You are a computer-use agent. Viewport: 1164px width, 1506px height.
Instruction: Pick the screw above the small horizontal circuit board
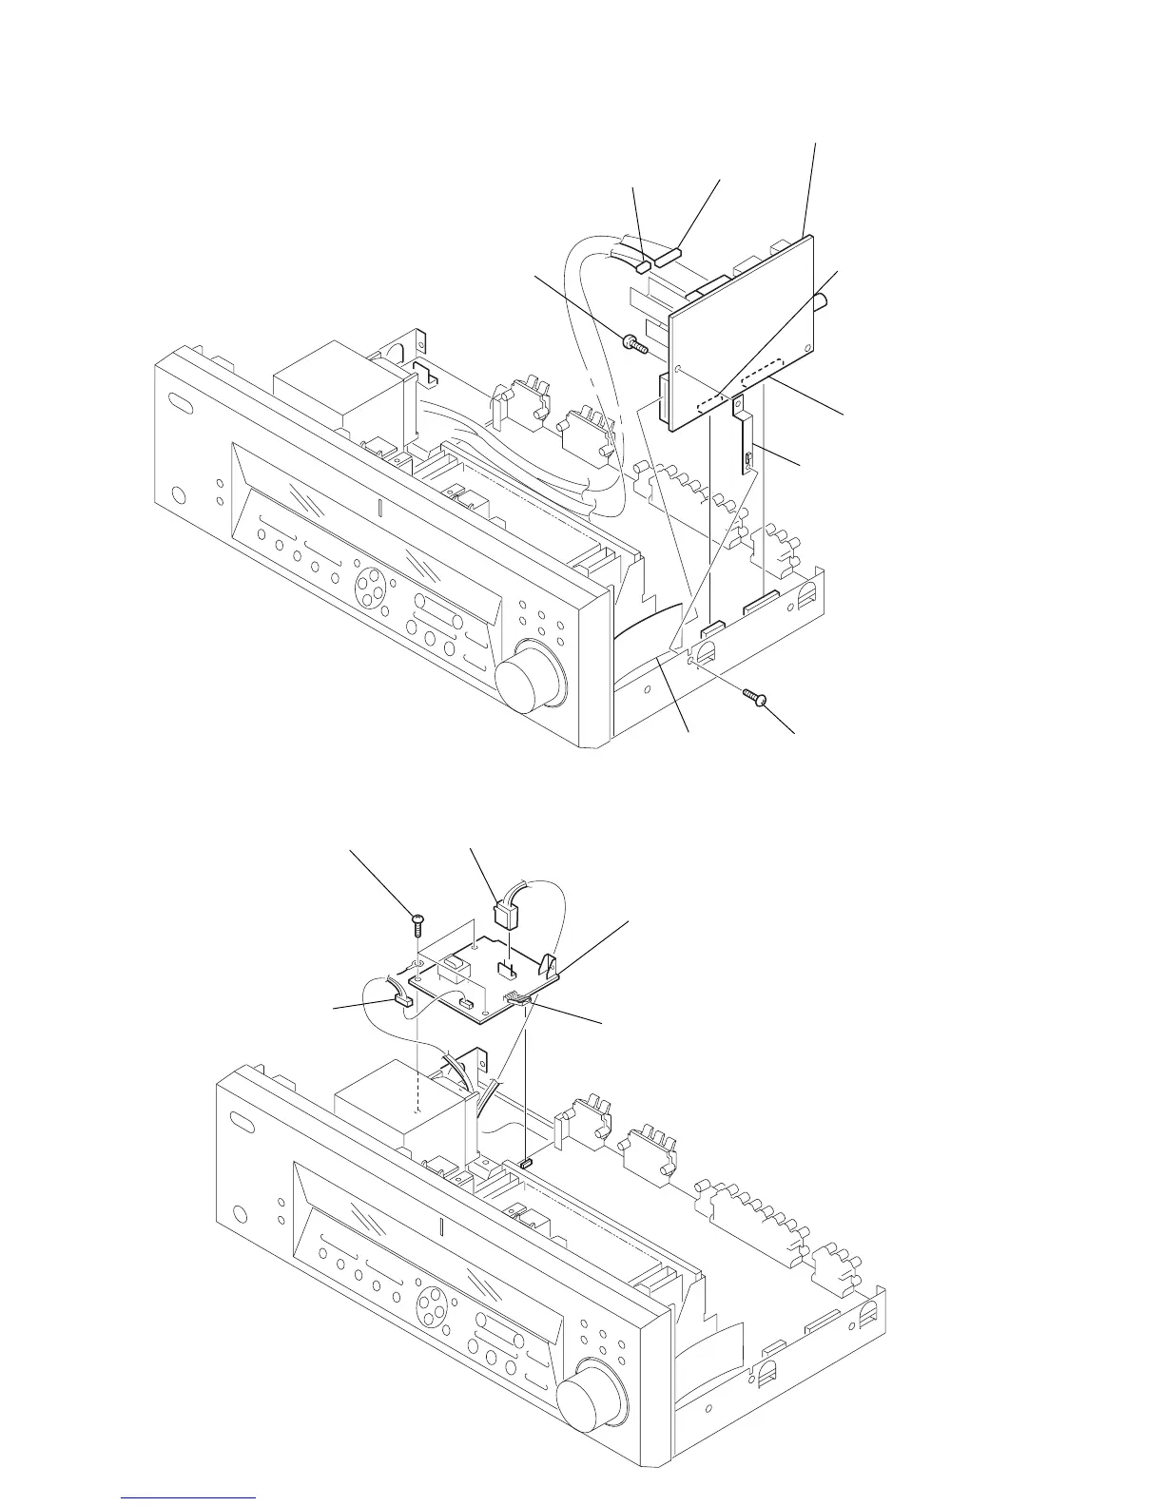click(x=417, y=920)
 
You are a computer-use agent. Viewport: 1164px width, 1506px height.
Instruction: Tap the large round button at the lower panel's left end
click(x=239, y=1214)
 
